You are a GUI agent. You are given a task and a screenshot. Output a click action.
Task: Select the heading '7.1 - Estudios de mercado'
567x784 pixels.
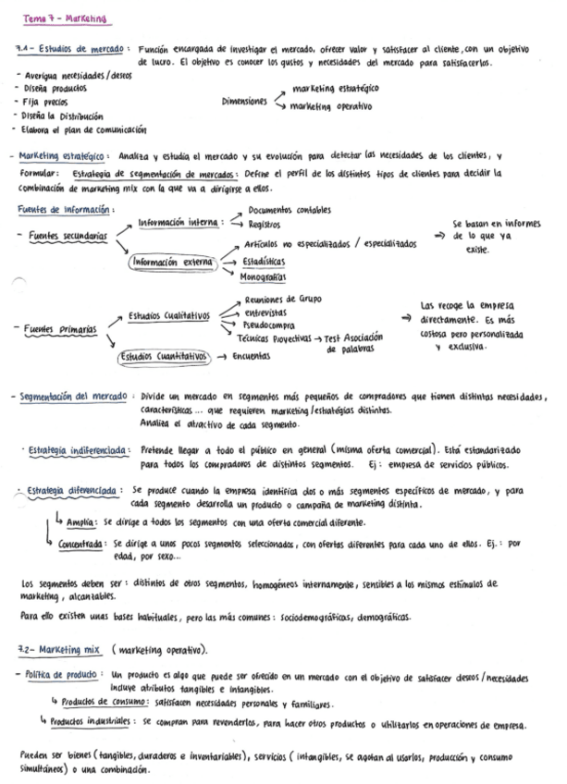tap(74, 50)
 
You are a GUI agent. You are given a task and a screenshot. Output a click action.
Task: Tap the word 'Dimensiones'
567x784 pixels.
tap(244, 102)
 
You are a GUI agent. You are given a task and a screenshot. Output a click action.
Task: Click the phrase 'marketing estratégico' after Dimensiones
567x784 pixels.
tap(335, 89)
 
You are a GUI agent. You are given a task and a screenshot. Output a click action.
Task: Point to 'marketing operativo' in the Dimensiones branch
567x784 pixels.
tap(332, 106)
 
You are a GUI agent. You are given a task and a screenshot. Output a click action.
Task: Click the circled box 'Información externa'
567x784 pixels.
tap(172, 262)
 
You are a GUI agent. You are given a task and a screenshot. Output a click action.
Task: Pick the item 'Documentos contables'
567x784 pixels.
tap(290, 211)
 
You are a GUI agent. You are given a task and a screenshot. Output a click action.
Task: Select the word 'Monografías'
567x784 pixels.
tap(263, 276)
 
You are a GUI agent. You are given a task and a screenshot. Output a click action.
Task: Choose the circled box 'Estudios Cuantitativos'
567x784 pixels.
tap(165, 355)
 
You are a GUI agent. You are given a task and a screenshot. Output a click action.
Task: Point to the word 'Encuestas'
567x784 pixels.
tap(252, 355)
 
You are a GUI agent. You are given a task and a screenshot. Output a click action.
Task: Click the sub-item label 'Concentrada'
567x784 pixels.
tap(81, 545)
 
